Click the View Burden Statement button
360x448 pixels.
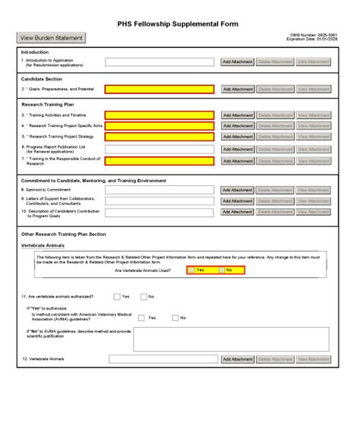coord(51,38)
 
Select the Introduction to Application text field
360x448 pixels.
coord(160,62)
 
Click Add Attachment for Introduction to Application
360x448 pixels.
coord(237,62)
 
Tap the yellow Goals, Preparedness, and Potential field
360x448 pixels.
coord(160,90)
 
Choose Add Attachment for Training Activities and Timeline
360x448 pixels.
coord(237,115)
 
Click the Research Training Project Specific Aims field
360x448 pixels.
coord(160,126)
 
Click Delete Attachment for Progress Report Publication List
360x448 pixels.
coord(274,150)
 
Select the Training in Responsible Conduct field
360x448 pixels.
coord(160,161)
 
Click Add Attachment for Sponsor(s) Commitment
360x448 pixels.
coord(237,191)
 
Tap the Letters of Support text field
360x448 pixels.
coord(160,201)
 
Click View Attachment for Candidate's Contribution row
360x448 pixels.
coord(313,213)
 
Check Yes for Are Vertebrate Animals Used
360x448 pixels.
coord(191,270)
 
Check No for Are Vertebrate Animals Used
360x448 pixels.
coord(221,270)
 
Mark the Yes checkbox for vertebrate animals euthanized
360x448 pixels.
coord(117,297)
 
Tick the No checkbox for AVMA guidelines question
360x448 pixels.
coord(175,318)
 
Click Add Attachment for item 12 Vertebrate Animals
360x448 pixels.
coord(237,359)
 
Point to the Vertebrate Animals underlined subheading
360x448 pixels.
coord(43,246)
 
